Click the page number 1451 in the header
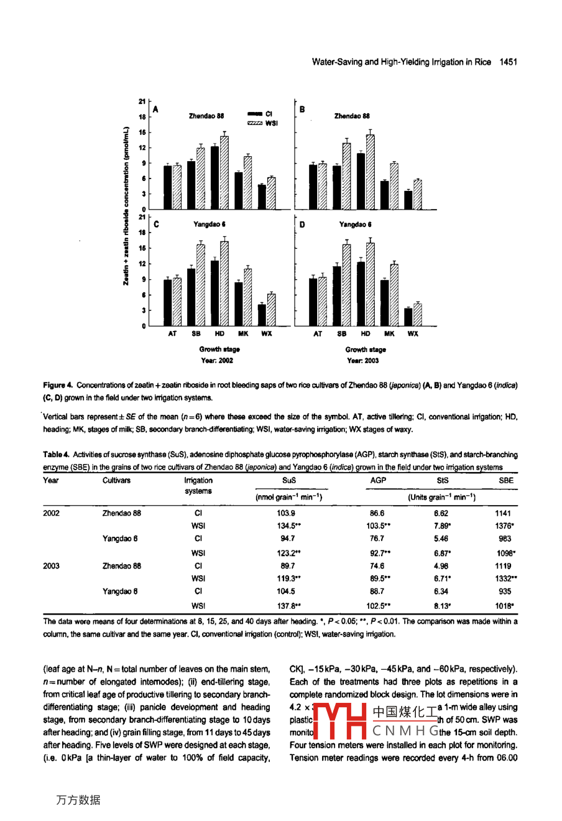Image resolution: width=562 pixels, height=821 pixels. [x=508, y=62]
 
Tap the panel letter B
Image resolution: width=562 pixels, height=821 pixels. [x=302, y=109]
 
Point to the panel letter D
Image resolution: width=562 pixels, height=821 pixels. [x=302, y=225]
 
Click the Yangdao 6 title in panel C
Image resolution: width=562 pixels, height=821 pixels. [x=209, y=225]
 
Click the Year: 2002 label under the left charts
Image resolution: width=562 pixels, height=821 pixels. [x=217, y=361]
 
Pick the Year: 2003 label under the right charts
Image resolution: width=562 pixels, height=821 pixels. [x=362, y=361]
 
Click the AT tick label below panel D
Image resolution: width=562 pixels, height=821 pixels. [x=318, y=334]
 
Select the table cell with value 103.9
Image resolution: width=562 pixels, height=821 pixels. [x=286, y=513]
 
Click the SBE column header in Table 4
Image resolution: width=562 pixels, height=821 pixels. [x=506, y=480]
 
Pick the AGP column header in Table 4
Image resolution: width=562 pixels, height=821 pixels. [x=377, y=480]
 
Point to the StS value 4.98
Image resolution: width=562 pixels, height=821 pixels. [x=441, y=566]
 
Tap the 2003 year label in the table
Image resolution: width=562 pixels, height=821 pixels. [x=52, y=566]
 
